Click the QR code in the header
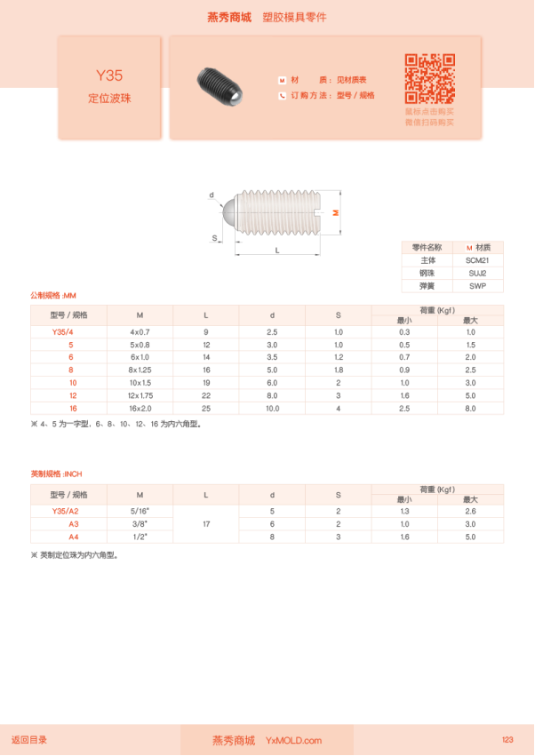430,79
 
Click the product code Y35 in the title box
109,76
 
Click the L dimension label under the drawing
277,252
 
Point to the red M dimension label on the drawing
335,212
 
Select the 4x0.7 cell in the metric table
140,331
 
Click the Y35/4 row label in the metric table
68,331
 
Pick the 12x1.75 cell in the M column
140,395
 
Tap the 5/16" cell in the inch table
140,512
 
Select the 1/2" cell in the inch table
140,537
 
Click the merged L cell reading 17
206,524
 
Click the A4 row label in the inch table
68,537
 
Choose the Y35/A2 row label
68,512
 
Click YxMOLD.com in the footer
293,740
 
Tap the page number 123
507,739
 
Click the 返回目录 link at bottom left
29,739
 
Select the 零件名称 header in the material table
427,247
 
